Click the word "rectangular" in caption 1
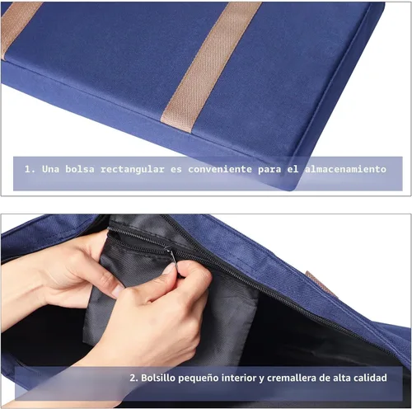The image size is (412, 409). pyautogui.click(x=132, y=169)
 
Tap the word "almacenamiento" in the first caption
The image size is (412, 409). pyautogui.click(x=345, y=169)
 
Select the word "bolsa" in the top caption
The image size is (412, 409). pyautogui.click(x=80, y=169)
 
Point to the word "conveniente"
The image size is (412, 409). pyautogui.click(x=220, y=169)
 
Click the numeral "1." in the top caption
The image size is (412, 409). pyautogui.click(x=30, y=169)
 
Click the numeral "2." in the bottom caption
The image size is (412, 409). pyautogui.click(x=133, y=378)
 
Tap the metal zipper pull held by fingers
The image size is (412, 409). pyautogui.click(x=172, y=256)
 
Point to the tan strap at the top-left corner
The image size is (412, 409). pyautogui.click(x=18, y=26)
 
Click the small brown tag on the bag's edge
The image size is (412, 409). pyautogui.click(x=320, y=284)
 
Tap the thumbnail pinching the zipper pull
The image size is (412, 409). pyautogui.click(x=168, y=269)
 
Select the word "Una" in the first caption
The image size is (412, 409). pyautogui.click(x=50, y=169)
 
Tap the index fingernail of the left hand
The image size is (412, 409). pyautogui.click(x=118, y=291)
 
